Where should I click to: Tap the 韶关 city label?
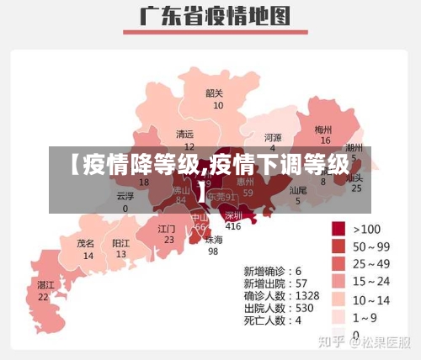coord(215,93)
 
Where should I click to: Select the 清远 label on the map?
coord(184,134)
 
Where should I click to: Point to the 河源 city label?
coord(273,137)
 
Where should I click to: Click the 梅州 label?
coord(323,130)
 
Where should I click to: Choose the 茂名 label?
coord(86,242)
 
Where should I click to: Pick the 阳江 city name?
coord(121,242)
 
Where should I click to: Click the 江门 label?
coord(167,228)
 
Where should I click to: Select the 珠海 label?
coord(214,239)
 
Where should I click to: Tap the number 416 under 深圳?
coord(233,225)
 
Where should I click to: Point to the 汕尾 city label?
coord(298,190)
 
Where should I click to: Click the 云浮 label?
coord(125,195)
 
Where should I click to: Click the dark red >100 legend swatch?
coord(339,229)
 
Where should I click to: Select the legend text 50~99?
coord(372,246)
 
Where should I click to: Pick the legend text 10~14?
coord(372,299)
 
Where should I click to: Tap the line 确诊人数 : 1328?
coord(281,296)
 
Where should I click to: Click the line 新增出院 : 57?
coord(273,283)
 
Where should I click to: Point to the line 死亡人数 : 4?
coord(273,320)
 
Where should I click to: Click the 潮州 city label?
coord(354,147)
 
